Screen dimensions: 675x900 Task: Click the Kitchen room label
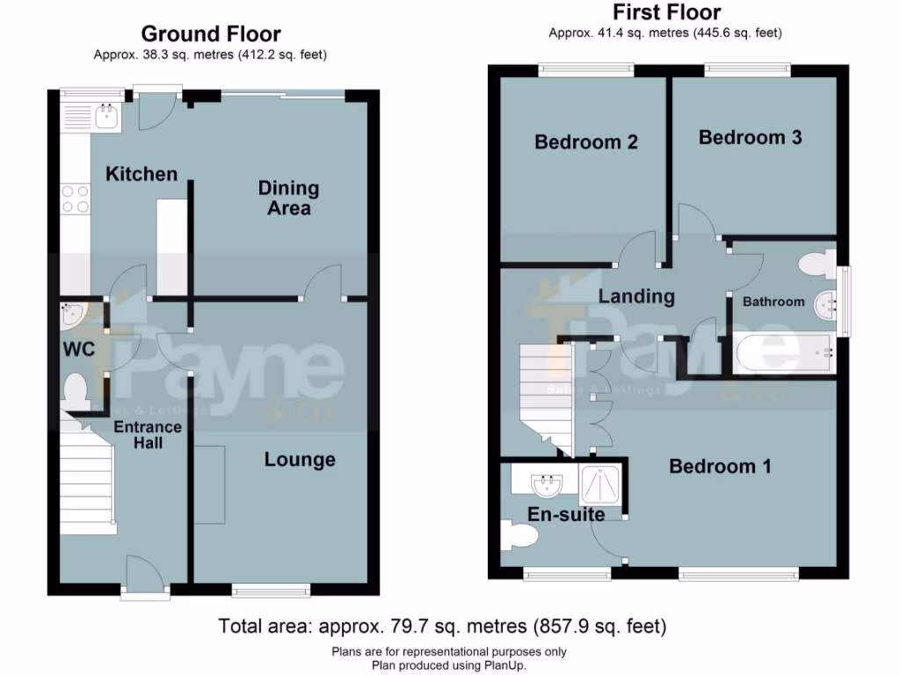click(x=142, y=174)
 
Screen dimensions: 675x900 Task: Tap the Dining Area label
click(x=288, y=198)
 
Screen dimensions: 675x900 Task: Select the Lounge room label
click(x=300, y=460)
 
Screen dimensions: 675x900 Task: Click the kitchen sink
click(x=107, y=115)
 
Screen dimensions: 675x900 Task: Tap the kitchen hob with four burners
click(x=75, y=199)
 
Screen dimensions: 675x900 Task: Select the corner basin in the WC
click(x=70, y=314)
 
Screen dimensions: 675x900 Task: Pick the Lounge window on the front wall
click(x=271, y=590)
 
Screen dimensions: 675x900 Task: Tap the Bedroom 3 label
click(x=750, y=137)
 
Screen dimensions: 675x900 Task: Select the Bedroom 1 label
click(x=720, y=466)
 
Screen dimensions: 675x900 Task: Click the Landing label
click(x=636, y=296)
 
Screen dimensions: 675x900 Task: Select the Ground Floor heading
click(x=211, y=34)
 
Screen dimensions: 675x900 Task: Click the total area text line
click(x=442, y=627)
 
